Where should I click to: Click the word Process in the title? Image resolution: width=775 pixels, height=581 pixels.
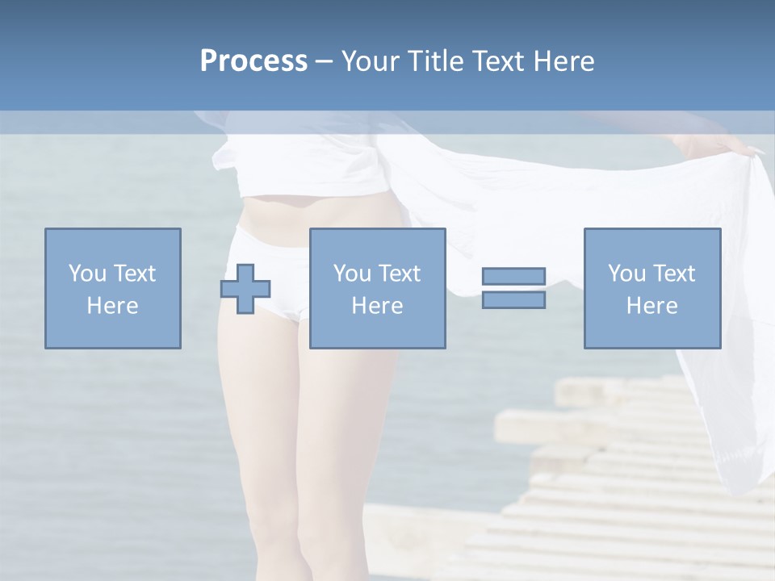pos(253,61)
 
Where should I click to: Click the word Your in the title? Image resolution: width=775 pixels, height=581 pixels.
pos(371,61)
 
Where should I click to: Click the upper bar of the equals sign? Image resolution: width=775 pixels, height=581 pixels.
pos(513,276)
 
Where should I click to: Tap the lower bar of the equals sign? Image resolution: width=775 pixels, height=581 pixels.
pos(513,299)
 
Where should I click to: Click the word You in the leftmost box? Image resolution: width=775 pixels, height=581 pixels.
pos(86,274)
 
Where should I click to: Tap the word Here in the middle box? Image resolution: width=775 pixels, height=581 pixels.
pos(377,306)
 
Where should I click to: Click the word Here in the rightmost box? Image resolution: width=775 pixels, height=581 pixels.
pos(651,306)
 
